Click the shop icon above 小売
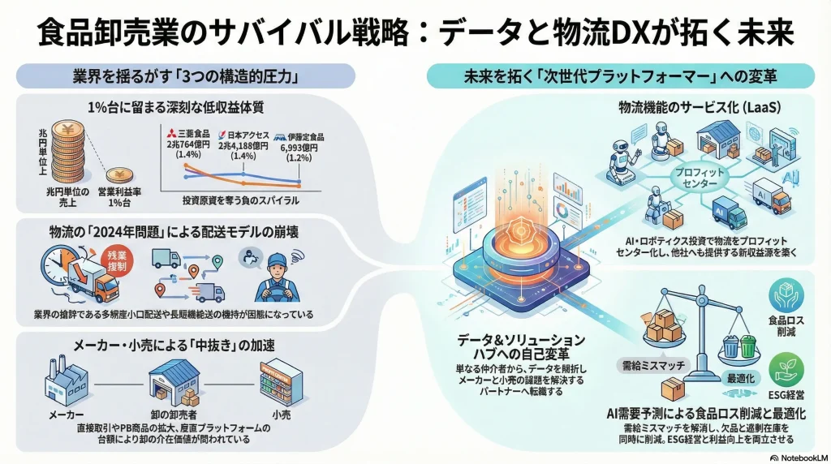click(x=281, y=378)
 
